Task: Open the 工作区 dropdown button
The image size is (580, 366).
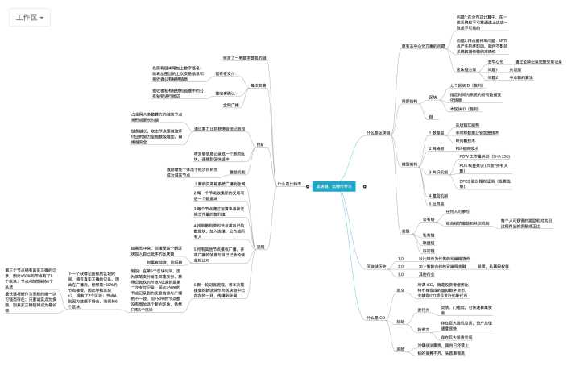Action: click(31, 17)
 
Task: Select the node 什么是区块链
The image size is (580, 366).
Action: click(379, 131)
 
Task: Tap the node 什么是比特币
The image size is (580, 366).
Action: click(288, 184)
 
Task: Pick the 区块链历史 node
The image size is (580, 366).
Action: click(379, 264)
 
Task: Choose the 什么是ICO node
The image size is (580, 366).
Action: click(377, 318)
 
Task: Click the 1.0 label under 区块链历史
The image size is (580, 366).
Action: click(400, 258)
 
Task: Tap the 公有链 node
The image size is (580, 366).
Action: click(429, 218)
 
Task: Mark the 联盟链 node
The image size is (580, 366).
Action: click(429, 242)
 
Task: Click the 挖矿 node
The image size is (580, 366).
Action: click(260, 143)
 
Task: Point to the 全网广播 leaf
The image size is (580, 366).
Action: click(231, 105)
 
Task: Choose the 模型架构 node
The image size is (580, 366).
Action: click(408, 164)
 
